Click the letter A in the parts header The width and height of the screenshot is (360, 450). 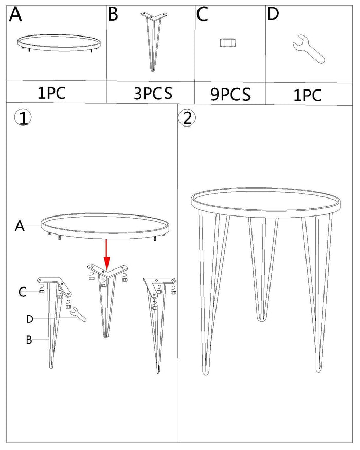click(15, 14)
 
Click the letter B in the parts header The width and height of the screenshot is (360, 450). click(113, 14)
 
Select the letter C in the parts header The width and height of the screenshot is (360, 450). click(203, 14)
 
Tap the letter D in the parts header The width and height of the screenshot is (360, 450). click(273, 14)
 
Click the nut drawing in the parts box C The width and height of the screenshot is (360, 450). click(228, 43)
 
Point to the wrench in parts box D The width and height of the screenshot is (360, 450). click(309, 49)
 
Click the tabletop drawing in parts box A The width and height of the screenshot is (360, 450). click(59, 43)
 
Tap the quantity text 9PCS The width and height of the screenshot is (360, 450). click(230, 94)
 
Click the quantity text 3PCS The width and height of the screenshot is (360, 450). click(153, 93)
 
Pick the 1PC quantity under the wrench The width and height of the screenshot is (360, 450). click(308, 95)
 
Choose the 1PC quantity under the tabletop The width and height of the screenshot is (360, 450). click(51, 93)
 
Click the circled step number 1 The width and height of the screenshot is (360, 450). click(23, 118)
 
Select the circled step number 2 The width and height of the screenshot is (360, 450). click(187, 118)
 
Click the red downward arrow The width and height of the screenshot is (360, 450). click(107, 254)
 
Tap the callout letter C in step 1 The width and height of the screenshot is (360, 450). click(23, 292)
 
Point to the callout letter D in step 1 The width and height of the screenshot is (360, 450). click(30, 319)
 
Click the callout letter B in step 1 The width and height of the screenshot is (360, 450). click(29, 339)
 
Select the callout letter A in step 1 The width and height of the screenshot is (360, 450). click(20, 226)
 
